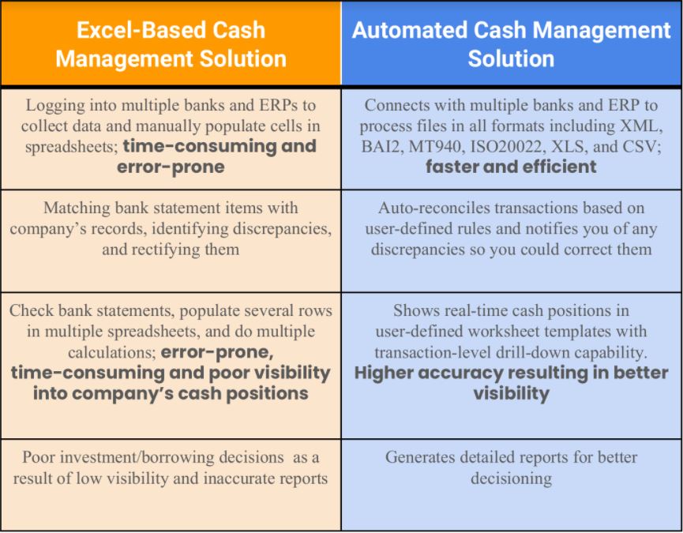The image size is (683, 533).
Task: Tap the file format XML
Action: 644,126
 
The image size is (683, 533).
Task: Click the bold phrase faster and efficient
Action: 511,167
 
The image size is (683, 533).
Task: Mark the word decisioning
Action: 511,478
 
